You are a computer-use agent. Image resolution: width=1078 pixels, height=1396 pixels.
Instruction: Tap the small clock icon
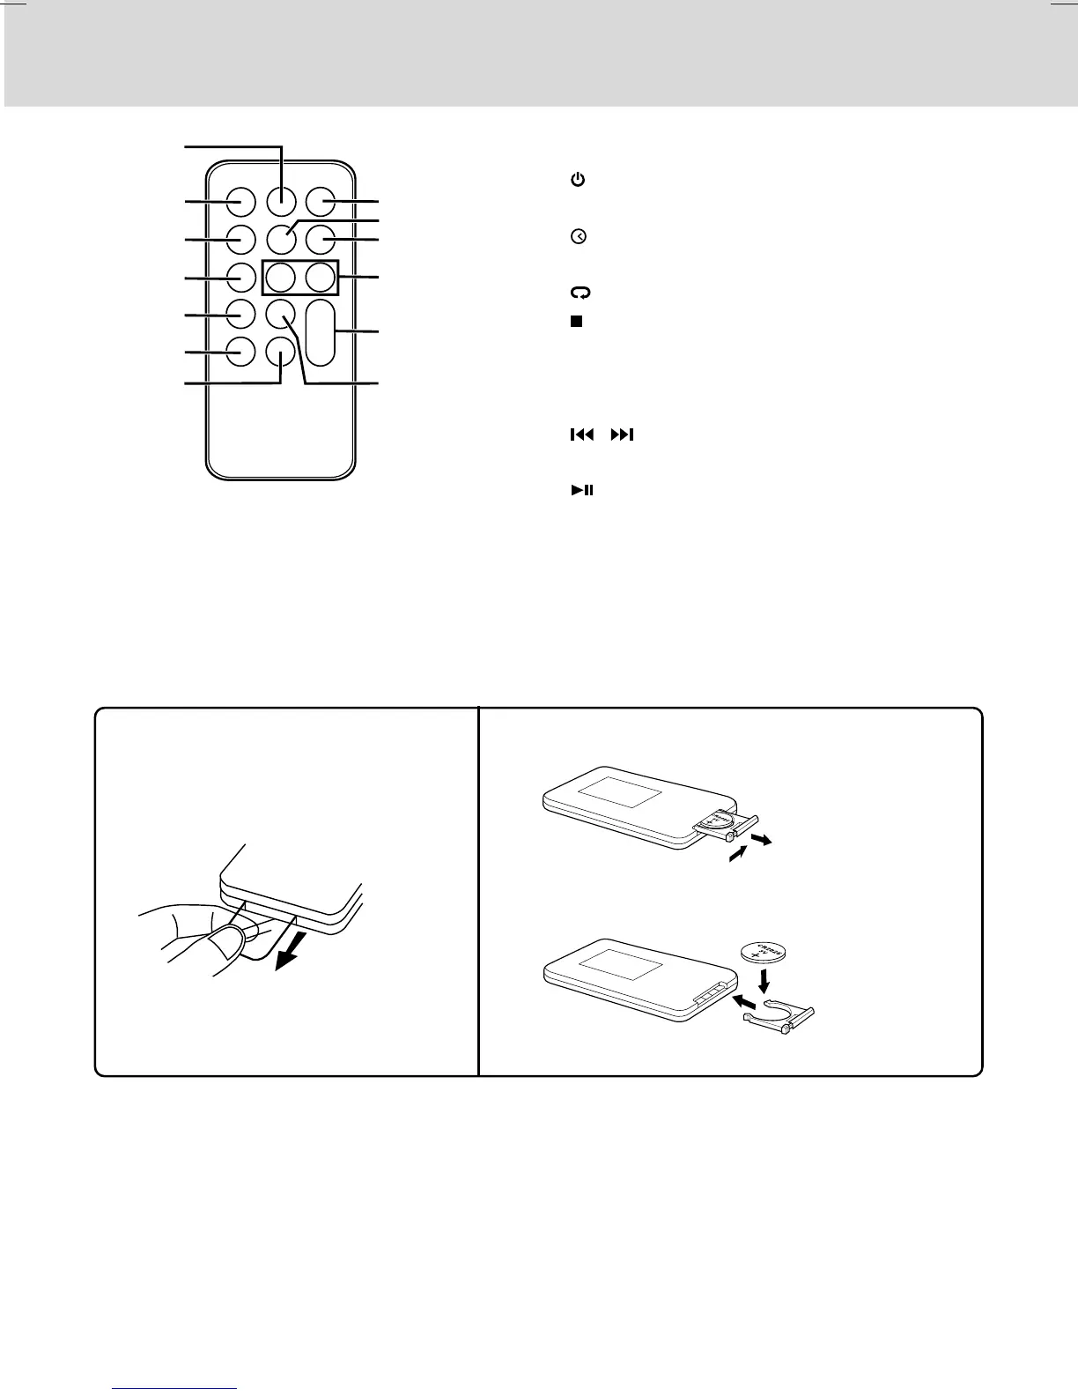(x=579, y=237)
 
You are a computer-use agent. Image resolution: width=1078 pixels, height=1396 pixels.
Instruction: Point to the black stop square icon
(x=576, y=321)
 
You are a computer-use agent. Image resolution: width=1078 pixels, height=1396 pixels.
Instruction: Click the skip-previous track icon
(x=581, y=434)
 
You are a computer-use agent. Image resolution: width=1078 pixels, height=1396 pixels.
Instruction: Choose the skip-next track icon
(x=622, y=434)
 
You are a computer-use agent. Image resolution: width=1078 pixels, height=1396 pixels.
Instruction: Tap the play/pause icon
(x=582, y=490)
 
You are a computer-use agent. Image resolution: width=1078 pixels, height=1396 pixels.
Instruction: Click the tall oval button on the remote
(x=321, y=333)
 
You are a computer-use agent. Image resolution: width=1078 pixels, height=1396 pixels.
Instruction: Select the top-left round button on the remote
(x=240, y=202)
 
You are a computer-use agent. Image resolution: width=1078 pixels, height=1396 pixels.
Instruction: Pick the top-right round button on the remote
(x=321, y=202)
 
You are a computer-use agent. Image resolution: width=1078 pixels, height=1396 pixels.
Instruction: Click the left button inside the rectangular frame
(x=280, y=278)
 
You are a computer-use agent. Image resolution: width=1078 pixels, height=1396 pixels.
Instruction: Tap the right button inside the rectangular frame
(x=321, y=278)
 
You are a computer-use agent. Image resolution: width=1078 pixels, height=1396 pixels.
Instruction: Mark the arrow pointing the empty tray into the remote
(x=744, y=1003)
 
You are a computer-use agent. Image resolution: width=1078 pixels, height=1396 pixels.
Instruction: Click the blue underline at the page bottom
(x=176, y=1388)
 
